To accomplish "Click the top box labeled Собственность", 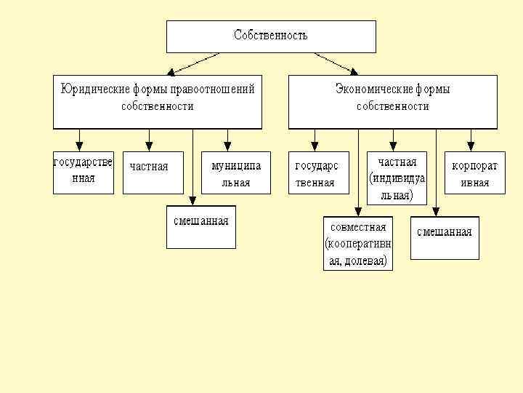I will click(271, 36).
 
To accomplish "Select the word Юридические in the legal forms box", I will click(93, 90).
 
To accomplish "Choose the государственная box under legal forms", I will click(84, 172).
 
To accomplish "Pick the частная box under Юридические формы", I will click(153, 172).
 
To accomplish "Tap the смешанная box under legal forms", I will click(200, 227).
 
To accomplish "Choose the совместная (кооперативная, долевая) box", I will click(357, 243).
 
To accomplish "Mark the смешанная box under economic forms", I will click(445, 237).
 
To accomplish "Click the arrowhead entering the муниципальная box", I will click(227, 144).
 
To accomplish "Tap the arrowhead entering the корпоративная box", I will click(471, 144).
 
